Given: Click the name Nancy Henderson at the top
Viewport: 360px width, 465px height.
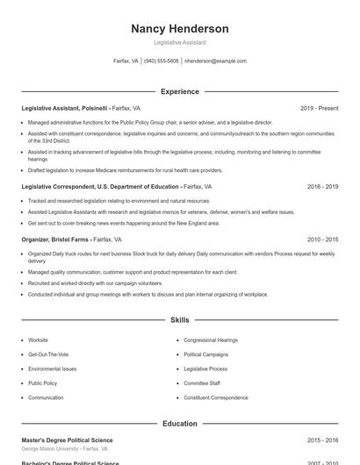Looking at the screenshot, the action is pos(180,29).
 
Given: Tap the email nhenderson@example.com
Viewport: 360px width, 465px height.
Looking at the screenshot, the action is pos(215,61).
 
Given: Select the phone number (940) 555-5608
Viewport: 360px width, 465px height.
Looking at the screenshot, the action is pos(161,61).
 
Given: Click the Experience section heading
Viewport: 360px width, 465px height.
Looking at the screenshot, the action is pos(180,91).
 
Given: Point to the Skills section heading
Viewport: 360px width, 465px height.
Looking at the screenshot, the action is pos(180,321).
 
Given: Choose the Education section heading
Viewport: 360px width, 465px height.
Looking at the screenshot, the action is pos(180,424).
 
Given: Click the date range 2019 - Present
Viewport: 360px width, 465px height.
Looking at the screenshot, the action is pos(319,108).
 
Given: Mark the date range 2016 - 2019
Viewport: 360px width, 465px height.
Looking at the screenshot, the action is pos(322,187).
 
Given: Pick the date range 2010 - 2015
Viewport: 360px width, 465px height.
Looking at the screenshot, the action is pos(322,239).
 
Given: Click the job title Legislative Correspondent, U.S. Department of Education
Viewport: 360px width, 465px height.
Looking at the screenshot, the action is pos(100,187).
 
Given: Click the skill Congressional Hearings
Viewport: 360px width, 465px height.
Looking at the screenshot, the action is pos(211,340).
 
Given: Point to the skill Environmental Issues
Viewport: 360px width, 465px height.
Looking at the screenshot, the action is pos(52,369).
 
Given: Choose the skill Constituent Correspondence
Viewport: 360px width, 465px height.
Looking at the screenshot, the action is pos(216,397).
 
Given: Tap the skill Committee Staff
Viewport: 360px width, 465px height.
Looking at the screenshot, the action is pos(202,383).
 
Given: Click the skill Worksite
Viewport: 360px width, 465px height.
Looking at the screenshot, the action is pos(39,340).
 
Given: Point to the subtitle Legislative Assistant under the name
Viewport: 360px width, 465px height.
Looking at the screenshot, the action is pos(180,42).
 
